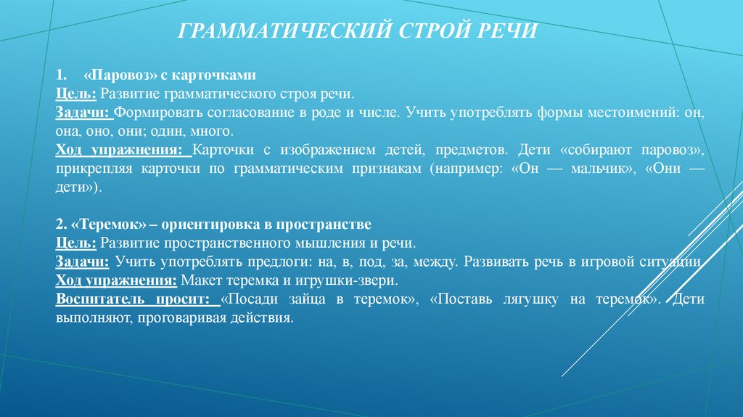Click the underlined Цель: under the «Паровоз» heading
pos(75,94)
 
